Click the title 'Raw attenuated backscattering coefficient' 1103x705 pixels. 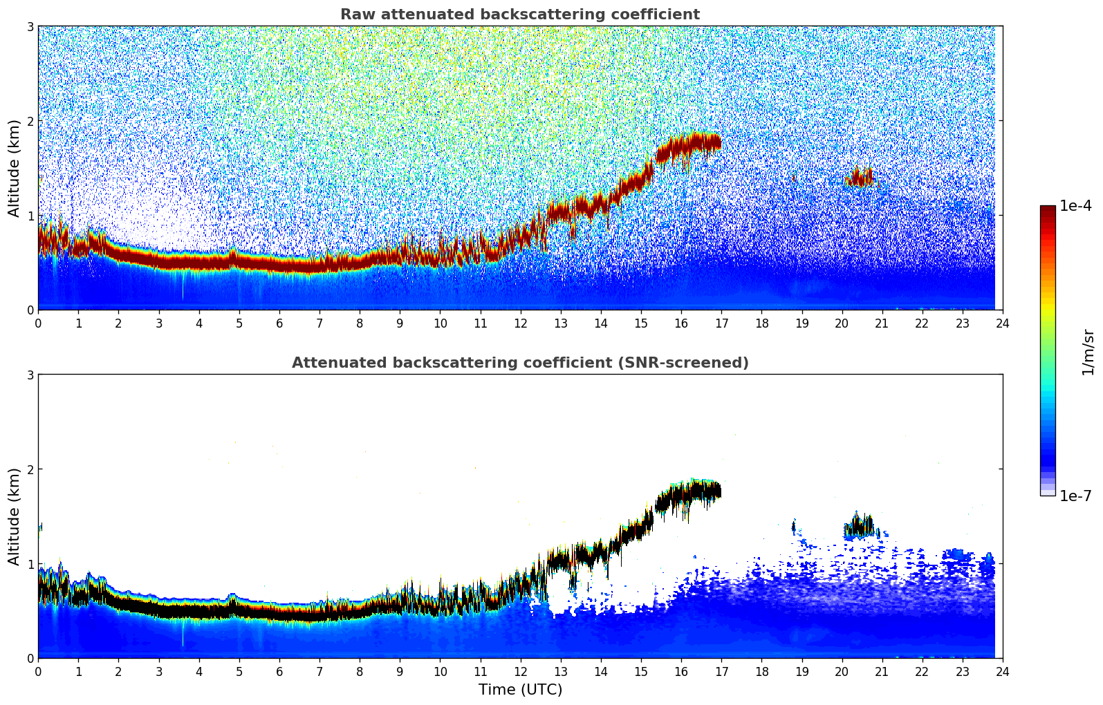[x=519, y=15]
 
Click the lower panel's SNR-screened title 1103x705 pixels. [x=519, y=363]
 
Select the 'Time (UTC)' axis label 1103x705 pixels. [x=520, y=690]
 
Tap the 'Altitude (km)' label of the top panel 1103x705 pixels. [x=14, y=168]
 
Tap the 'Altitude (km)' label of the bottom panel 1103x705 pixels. [x=14, y=516]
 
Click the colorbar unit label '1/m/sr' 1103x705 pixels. [x=1088, y=351]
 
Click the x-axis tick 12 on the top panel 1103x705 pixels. [x=520, y=323]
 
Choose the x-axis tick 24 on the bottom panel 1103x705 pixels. [x=1002, y=671]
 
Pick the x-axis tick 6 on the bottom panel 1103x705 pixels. [x=279, y=671]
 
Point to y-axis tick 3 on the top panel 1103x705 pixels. [x=30, y=26]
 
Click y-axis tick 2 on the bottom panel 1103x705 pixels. [x=30, y=469]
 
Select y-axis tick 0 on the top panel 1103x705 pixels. [x=30, y=310]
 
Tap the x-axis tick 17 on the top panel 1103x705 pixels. [x=721, y=323]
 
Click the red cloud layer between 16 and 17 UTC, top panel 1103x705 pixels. [x=692, y=144]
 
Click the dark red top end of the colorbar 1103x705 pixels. [x=1047, y=209]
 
